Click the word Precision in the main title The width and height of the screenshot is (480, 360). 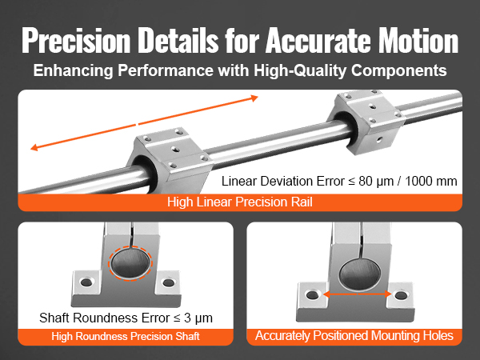[76, 41]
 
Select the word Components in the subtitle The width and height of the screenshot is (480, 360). [399, 70]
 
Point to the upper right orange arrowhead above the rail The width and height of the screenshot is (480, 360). [254, 98]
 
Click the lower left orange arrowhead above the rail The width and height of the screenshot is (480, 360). [34, 147]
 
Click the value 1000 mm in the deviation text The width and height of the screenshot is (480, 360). [431, 182]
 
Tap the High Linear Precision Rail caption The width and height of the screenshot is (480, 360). [240, 202]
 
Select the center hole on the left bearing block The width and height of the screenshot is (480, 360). [175, 149]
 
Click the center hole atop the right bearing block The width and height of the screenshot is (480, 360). [372, 107]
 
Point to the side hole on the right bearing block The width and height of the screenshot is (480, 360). [379, 140]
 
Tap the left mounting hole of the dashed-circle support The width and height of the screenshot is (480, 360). [86, 282]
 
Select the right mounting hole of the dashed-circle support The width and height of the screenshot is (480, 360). [168, 282]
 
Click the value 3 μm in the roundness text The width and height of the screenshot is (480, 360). [198, 318]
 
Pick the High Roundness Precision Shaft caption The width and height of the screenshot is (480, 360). [126, 337]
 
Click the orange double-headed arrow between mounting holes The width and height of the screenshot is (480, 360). [358, 294]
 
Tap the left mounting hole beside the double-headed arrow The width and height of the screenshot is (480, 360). [312, 295]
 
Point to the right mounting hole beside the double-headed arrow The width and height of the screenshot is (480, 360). [401, 296]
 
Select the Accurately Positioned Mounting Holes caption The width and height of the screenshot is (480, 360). [354, 336]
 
